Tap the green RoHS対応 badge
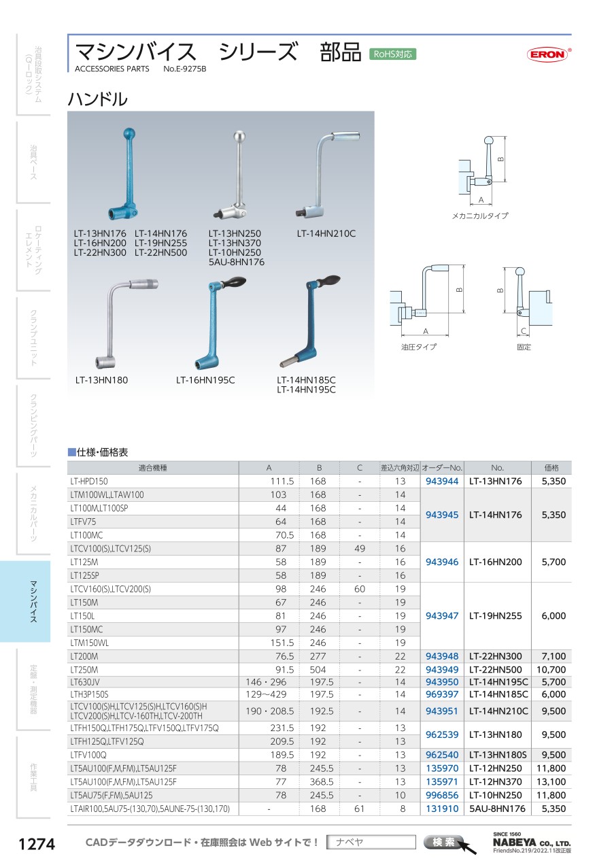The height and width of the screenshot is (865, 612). click(x=392, y=54)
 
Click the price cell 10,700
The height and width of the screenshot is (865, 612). click(x=551, y=670)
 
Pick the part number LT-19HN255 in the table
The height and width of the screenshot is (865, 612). click(x=496, y=615)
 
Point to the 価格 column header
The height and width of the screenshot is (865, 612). click(x=551, y=468)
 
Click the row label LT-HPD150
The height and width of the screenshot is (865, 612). click(x=89, y=481)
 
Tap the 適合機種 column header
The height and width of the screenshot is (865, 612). click(x=152, y=468)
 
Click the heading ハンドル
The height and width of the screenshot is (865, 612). click(x=97, y=99)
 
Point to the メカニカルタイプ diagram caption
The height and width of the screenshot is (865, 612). click(x=480, y=216)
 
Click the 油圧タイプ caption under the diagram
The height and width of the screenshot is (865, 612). click(x=419, y=347)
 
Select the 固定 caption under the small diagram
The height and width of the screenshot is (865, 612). click(x=524, y=347)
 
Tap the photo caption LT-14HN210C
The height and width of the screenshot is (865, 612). click(x=326, y=234)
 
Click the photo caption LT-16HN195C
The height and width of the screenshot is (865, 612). click(x=205, y=379)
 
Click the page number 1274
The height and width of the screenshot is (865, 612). click(x=36, y=844)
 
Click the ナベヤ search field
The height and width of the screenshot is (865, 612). click(x=371, y=843)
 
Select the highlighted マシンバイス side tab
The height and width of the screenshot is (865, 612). click(x=33, y=601)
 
